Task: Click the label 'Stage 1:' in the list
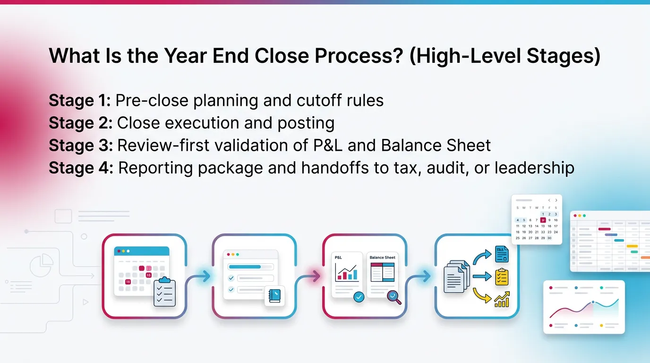(x=79, y=101)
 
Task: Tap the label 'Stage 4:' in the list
(x=81, y=168)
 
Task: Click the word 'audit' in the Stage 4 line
(x=441, y=168)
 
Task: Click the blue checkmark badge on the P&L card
(x=359, y=297)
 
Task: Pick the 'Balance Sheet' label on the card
(x=382, y=258)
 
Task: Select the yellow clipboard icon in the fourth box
(x=502, y=277)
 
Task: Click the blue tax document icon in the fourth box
(x=502, y=254)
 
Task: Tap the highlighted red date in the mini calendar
(x=543, y=220)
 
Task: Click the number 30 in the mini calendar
(x=549, y=238)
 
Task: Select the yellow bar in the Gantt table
(x=632, y=246)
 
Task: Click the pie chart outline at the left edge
(x=42, y=265)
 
